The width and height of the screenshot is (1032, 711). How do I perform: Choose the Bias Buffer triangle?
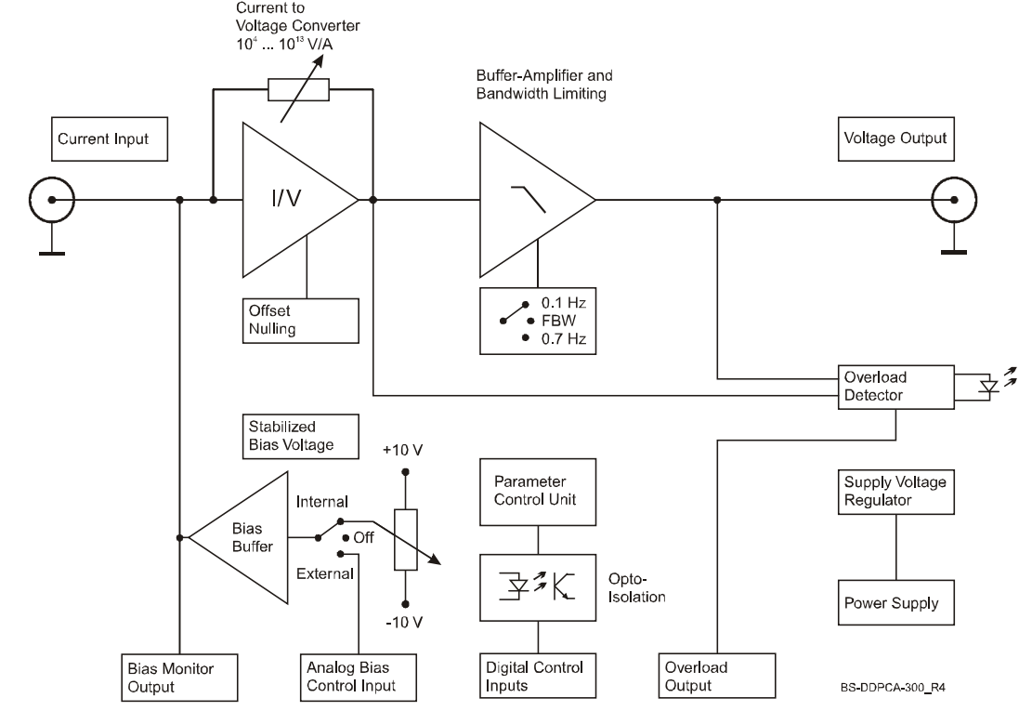(x=242, y=536)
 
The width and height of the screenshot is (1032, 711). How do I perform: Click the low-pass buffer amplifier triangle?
(x=529, y=200)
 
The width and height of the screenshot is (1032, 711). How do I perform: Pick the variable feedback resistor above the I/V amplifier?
(x=296, y=89)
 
